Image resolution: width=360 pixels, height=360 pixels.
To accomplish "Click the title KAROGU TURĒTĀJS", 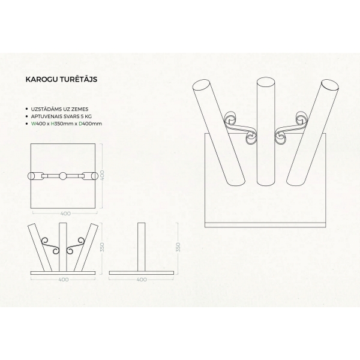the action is coord(61,79).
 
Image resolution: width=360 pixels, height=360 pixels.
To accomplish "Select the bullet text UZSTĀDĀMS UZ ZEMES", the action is coord(59,109).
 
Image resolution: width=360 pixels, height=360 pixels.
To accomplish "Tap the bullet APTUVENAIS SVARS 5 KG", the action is coord(62,116).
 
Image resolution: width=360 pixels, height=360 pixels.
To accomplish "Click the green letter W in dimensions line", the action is coord(34,124).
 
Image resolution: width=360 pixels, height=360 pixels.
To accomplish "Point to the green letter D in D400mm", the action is coord(80,124).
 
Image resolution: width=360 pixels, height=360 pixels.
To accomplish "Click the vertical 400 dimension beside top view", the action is coord(103,175).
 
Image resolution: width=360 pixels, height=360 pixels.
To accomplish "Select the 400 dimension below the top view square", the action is coord(65,214).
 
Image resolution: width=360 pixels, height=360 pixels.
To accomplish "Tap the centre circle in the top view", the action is coord(62,176).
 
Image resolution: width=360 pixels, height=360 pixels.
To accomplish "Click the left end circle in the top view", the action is coord(31,176).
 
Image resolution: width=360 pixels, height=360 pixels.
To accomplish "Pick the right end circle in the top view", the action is coord(95,176).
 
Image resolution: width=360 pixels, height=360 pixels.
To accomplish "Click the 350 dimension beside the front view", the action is coord(103,247).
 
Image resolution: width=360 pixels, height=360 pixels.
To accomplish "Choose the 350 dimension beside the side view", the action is coord(178,247).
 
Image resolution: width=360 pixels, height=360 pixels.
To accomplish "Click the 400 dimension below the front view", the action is coord(64,280).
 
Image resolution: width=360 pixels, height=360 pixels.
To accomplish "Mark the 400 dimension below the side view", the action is coord(142,280).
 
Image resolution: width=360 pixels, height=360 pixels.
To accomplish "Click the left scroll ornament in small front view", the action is coord(50,245).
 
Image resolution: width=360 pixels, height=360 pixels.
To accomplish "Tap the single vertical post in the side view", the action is coord(141,247).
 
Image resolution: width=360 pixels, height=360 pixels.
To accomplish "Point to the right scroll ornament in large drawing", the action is coord(291,128).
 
